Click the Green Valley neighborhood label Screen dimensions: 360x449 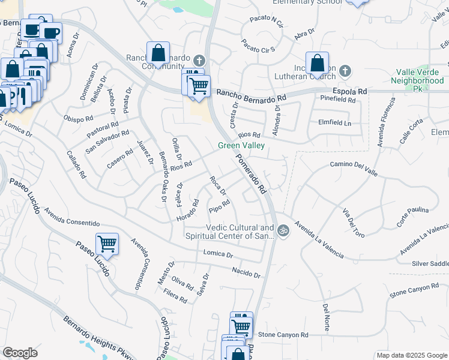pos(241,145)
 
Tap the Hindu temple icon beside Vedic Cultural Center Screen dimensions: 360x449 pos(283,229)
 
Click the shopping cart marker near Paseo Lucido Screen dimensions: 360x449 pos(107,244)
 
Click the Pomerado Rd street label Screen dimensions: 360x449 pos(250,174)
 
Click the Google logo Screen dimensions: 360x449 pos(20,353)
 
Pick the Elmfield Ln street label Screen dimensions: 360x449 pos(334,123)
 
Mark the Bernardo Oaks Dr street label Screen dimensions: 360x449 pos(161,172)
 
